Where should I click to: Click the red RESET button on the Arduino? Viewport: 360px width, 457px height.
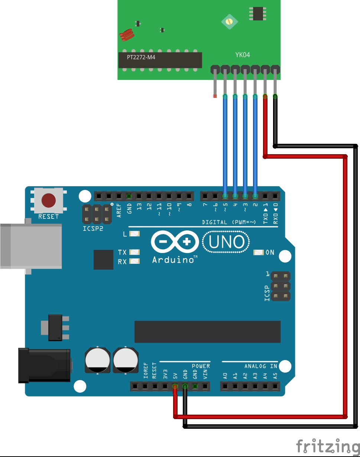[48, 201]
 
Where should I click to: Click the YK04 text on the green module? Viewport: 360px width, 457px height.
[243, 55]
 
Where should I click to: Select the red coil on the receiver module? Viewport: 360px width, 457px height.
[126, 35]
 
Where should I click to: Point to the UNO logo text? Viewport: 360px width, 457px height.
[227, 242]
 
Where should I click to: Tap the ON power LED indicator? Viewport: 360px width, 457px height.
[258, 253]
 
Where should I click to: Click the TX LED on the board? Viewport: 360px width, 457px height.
[134, 252]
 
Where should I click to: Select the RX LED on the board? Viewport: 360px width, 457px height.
[134, 262]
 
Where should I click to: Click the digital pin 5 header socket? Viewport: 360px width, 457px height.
[225, 196]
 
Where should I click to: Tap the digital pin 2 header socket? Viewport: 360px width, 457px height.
[255, 196]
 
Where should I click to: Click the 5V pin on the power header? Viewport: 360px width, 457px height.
[175, 386]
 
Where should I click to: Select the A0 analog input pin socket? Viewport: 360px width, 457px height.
[225, 386]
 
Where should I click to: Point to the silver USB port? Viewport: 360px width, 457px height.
[30, 246]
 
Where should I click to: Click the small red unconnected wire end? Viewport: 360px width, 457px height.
[214, 96]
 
